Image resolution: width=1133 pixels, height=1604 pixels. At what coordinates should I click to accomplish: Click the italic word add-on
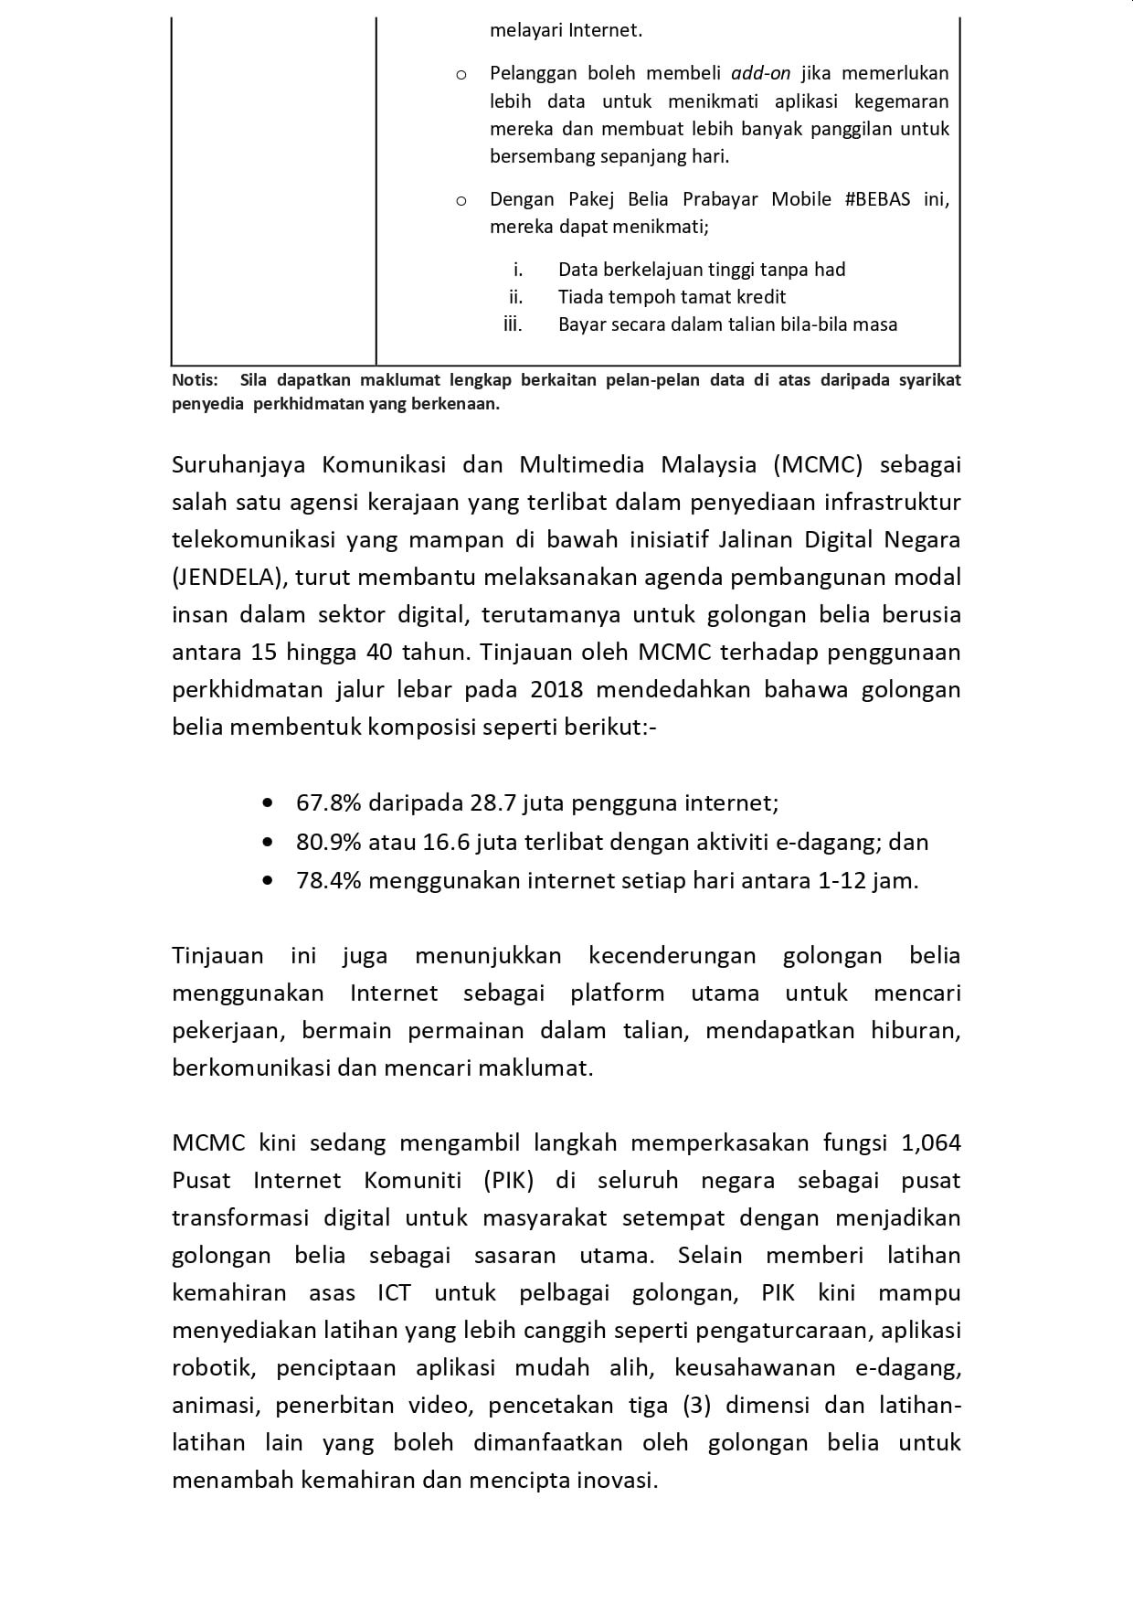(760, 73)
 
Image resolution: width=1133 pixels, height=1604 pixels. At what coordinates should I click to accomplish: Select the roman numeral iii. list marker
(513, 324)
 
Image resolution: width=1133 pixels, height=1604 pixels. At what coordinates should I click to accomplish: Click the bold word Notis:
(195, 380)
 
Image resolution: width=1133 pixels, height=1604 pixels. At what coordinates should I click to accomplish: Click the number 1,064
(931, 1143)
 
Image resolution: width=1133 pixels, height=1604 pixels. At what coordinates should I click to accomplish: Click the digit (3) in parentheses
(696, 1406)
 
